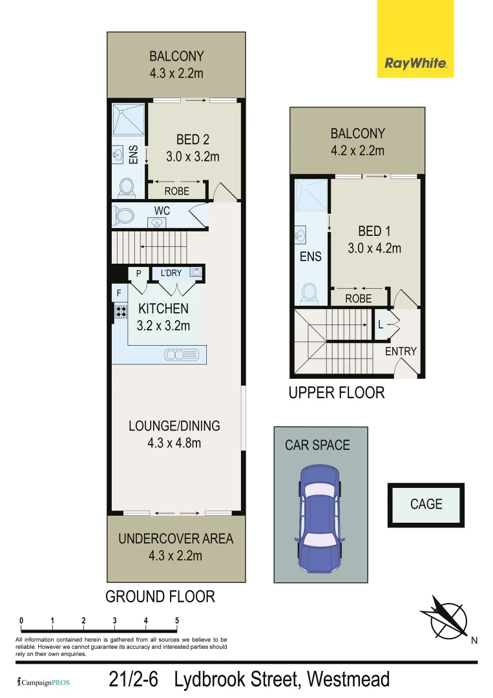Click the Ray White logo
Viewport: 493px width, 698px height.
[416, 63]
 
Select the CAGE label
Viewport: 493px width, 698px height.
[426, 503]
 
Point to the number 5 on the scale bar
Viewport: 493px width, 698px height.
[177, 621]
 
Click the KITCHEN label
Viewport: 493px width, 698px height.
[163, 309]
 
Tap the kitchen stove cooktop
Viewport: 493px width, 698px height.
[120, 311]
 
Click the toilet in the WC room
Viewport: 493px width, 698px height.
[123, 215]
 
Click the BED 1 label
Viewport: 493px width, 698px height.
[374, 231]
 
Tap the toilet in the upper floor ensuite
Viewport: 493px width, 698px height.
[309, 293]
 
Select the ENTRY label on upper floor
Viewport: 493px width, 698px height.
[401, 352]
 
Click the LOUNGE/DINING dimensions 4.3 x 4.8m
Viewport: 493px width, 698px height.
[174, 443]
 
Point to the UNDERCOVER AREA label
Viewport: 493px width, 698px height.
[176, 538]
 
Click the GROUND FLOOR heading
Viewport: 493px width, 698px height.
[160, 596]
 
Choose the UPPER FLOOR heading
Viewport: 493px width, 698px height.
[336, 392]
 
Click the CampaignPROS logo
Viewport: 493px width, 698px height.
[43, 682]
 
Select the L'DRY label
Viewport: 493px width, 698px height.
[171, 273]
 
